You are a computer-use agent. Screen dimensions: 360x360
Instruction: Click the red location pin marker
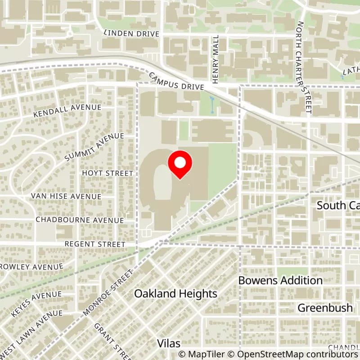(180, 165)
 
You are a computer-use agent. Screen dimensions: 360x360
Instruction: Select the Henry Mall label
(216, 59)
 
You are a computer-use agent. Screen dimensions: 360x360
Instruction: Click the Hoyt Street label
(107, 173)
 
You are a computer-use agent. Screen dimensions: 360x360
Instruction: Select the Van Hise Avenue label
(66, 197)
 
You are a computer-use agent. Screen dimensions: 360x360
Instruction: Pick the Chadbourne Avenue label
(79, 220)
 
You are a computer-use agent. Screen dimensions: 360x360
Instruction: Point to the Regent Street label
(94, 244)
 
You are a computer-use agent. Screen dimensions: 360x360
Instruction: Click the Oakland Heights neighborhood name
(176, 294)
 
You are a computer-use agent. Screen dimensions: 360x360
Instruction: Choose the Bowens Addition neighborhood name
(280, 280)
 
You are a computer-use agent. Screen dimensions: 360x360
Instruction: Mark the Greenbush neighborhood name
(325, 308)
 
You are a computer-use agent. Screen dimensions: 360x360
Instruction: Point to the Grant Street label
(111, 341)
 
